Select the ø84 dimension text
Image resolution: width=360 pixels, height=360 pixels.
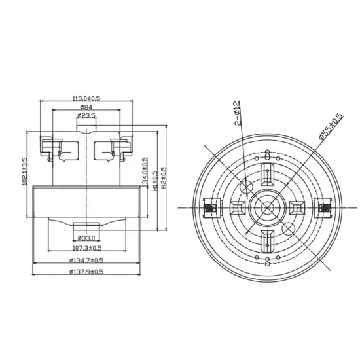click(x=86, y=107)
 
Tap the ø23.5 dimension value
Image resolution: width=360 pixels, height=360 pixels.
click(x=86, y=115)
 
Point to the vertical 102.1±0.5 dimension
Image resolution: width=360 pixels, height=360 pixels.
click(x=25, y=172)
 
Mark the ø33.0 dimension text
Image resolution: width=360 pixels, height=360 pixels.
click(x=87, y=238)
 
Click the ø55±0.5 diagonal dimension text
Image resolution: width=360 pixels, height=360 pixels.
click(x=331, y=126)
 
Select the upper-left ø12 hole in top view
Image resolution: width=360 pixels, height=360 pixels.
click(x=246, y=188)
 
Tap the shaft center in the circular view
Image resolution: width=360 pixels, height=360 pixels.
click(x=267, y=208)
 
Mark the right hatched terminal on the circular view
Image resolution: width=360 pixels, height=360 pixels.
click(x=323, y=208)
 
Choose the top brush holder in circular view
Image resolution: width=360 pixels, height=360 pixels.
click(x=267, y=175)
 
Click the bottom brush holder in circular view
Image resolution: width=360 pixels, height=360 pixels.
click(x=267, y=242)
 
